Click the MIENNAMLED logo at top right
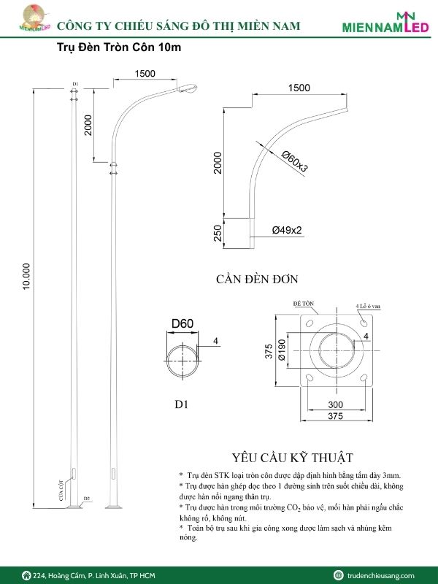386,24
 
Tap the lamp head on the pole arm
187,89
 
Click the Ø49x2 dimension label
287,230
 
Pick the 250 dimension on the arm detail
218,233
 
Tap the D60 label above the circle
182,324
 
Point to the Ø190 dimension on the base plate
281,348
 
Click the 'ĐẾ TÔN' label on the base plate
303,302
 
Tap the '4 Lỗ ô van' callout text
369,306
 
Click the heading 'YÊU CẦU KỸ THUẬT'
292,458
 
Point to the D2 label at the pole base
86,499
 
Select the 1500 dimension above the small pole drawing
145,73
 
